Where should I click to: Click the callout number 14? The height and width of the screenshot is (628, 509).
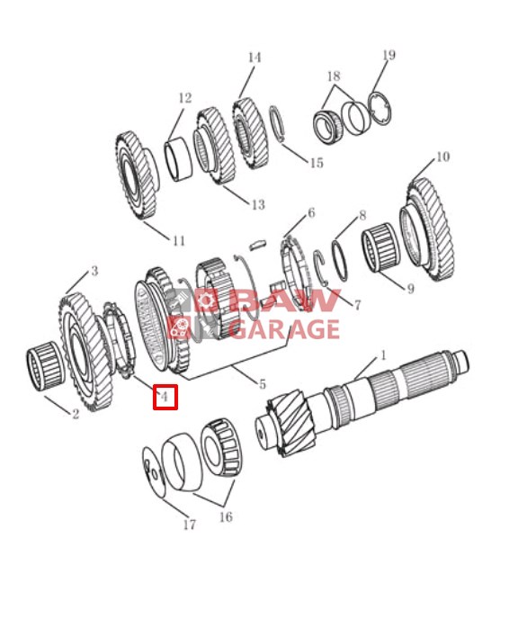click(254, 58)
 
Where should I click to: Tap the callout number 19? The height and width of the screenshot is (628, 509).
click(388, 55)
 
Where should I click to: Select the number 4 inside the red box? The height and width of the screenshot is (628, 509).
click(164, 397)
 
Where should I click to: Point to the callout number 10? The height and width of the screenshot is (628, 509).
click(442, 157)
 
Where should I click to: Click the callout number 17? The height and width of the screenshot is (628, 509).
click(190, 525)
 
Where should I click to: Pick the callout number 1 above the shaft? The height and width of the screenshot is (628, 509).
click(383, 354)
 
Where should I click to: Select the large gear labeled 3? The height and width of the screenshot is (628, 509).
click(85, 353)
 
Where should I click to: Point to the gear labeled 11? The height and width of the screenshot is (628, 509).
click(137, 175)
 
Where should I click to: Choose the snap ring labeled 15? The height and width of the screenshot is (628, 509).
click(278, 123)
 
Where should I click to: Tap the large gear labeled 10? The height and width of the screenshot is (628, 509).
click(429, 230)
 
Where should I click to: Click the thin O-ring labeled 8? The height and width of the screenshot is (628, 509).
click(340, 260)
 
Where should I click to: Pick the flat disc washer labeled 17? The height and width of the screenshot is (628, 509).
click(154, 472)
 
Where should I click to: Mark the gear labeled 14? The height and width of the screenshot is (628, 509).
click(250, 133)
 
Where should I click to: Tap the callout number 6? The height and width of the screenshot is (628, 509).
click(311, 212)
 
